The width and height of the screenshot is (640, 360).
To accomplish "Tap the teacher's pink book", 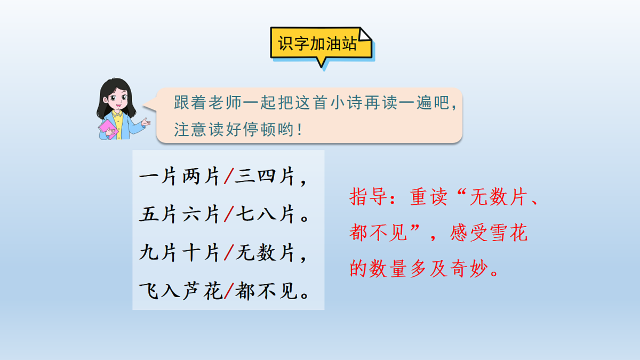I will point(108,129).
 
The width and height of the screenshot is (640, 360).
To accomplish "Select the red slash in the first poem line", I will point(228,177).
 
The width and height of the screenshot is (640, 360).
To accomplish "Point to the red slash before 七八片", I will point(228,215).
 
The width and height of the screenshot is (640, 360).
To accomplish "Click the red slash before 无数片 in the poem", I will point(228,253).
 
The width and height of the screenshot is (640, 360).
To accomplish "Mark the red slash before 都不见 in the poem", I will point(228,292).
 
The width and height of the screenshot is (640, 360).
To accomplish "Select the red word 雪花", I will point(508,233).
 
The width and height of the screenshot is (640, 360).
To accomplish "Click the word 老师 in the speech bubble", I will point(226,103).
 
